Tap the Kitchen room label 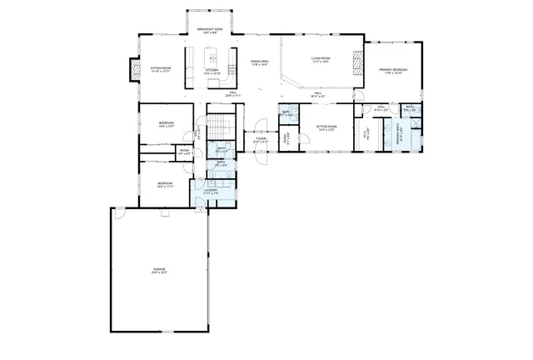(212, 72)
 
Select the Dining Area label (259, 62)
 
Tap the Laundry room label (212, 192)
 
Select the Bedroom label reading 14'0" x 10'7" (166, 125)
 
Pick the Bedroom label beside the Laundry (165, 185)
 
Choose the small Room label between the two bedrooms (185, 152)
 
